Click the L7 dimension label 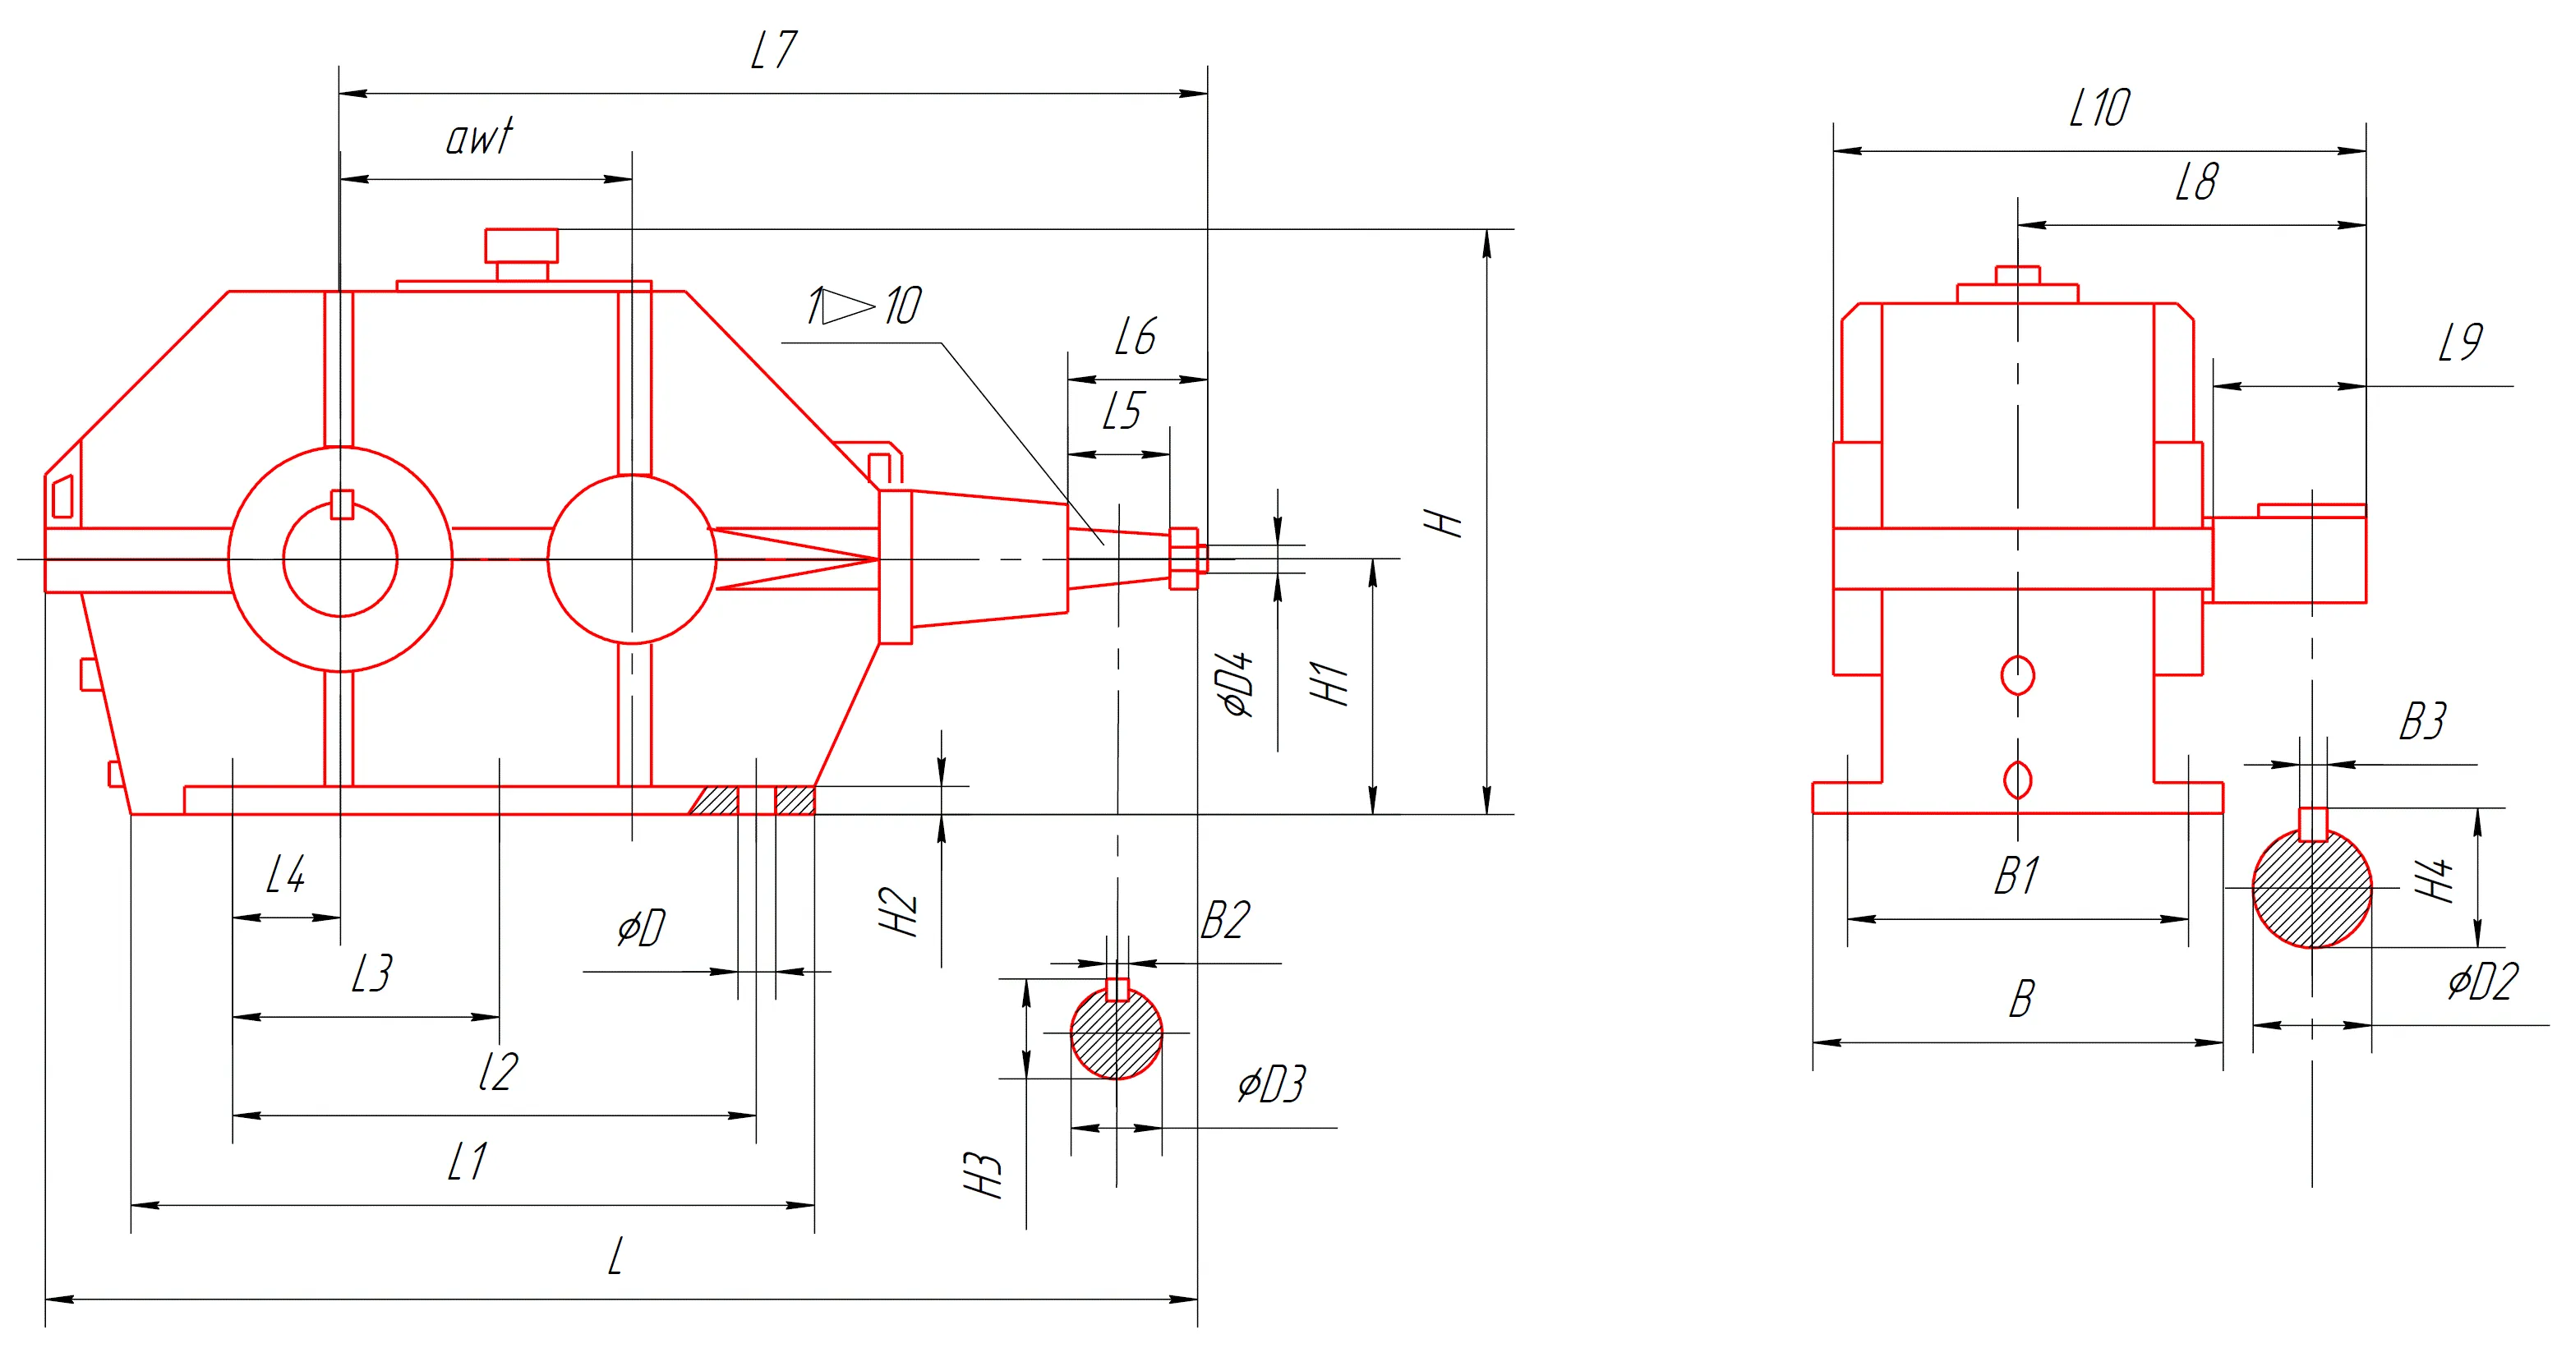pyautogui.click(x=773, y=49)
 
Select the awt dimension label pyautogui.click(x=481, y=137)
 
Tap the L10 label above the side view pyautogui.click(x=2099, y=108)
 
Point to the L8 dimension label pyautogui.click(x=2195, y=182)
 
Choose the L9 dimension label pyautogui.click(x=2461, y=343)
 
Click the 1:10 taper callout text pyautogui.click(x=864, y=306)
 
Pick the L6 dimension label pyautogui.click(x=1136, y=337)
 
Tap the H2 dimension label pyautogui.click(x=898, y=911)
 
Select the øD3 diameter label pyautogui.click(x=1272, y=1084)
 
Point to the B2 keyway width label pyautogui.click(x=1225, y=920)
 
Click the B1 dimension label pyautogui.click(x=2017, y=876)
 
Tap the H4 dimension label pyautogui.click(x=2434, y=880)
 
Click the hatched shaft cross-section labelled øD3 pyautogui.click(x=1117, y=1033)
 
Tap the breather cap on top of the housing pyautogui.click(x=521, y=254)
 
